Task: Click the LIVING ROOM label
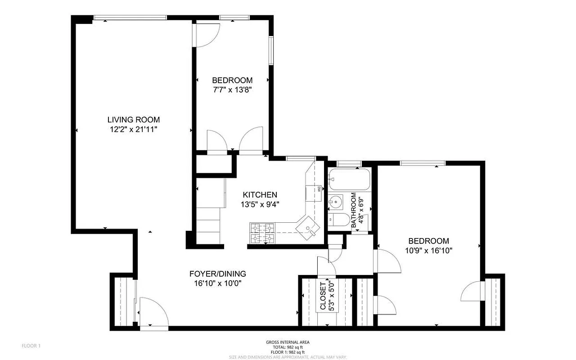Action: (x=133, y=120)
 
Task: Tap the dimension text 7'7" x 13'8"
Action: (x=232, y=90)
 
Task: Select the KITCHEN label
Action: (x=260, y=195)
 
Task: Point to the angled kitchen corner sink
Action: (x=308, y=228)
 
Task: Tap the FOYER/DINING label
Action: (x=217, y=274)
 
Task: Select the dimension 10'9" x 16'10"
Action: (x=428, y=251)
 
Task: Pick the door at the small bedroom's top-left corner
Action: (x=206, y=34)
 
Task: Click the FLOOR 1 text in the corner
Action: (x=31, y=346)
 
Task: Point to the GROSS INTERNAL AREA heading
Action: (x=288, y=342)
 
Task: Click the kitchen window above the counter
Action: (x=301, y=158)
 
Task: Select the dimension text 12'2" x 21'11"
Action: (x=133, y=129)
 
